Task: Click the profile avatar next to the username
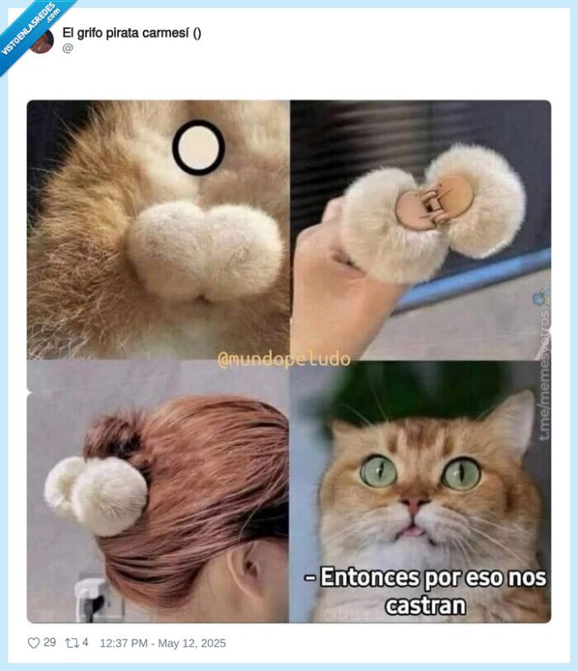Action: [x=42, y=40]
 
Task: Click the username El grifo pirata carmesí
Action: [x=131, y=33]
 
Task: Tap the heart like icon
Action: [x=34, y=643]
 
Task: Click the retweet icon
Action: [x=73, y=643]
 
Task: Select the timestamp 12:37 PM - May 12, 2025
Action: [x=162, y=643]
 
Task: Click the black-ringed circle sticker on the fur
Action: [x=198, y=147]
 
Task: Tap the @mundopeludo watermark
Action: [x=284, y=359]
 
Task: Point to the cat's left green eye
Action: [x=378, y=470]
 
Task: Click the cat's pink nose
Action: [x=416, y=504]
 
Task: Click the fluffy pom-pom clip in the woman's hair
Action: [x=97, y=493]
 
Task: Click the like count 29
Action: [x=50, y=643]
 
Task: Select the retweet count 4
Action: [x=86, y=643]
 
